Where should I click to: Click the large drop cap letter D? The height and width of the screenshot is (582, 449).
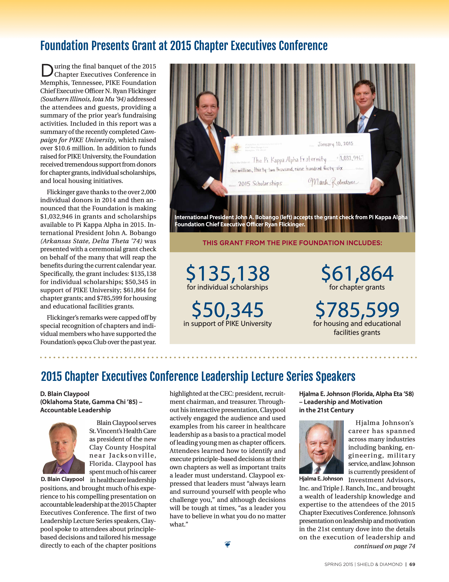point(47,70)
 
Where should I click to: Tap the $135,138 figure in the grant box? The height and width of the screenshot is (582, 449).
point(228,274)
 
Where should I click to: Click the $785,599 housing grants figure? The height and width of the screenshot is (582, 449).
point(357,310)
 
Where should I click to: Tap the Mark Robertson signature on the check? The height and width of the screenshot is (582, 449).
point(333,182)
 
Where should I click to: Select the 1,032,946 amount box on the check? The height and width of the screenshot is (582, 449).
point(351,158)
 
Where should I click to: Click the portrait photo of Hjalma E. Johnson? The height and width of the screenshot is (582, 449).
point(321,447)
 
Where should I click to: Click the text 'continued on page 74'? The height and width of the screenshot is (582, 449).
point(384,546)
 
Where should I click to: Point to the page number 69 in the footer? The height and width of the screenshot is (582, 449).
point(412,564)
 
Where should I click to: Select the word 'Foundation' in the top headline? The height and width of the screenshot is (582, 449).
point(64,46)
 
